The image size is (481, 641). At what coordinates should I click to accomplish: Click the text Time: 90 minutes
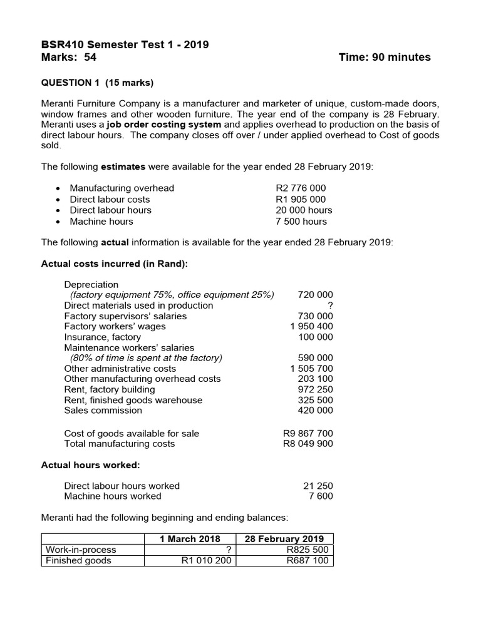pyautogui.click(x=384, y=58)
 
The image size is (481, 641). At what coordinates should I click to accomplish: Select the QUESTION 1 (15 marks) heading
pyautogui.click(x=97, y=82)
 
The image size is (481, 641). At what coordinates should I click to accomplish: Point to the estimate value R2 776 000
pyautogui.click(x=301, y=188)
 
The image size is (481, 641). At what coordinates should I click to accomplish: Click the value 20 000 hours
pyautogui.click(x=304, y=210)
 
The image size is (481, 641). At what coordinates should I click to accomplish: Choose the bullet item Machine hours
pyautogui.click(x=101, y=222)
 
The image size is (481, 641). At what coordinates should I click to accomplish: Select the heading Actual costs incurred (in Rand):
pyautogui.click(x=114, y=264)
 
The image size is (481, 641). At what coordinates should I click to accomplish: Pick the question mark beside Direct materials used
pyautogui.click(x=330, y=305)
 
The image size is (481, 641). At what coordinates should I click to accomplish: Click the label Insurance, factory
pyautogui.click(x=103, y=337)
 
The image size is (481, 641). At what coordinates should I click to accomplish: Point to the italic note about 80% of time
pyautogui.click(x=146, y=358)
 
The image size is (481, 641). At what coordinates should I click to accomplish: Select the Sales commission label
pyautogui.click(x=103, y=411)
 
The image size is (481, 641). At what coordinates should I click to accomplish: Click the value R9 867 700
pyautogui.click(x=308, y=433)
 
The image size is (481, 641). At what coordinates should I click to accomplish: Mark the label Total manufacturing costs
pyautogui.click(x=120, y=444)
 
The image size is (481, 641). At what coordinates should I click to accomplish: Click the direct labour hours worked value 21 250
pyautogui.click(x=318, y=486)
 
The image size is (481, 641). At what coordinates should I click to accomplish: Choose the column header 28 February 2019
pyautogui.click(x=285, y=539)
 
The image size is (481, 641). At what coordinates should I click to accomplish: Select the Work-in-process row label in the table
pyautogui.click(x=81, y=550)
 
